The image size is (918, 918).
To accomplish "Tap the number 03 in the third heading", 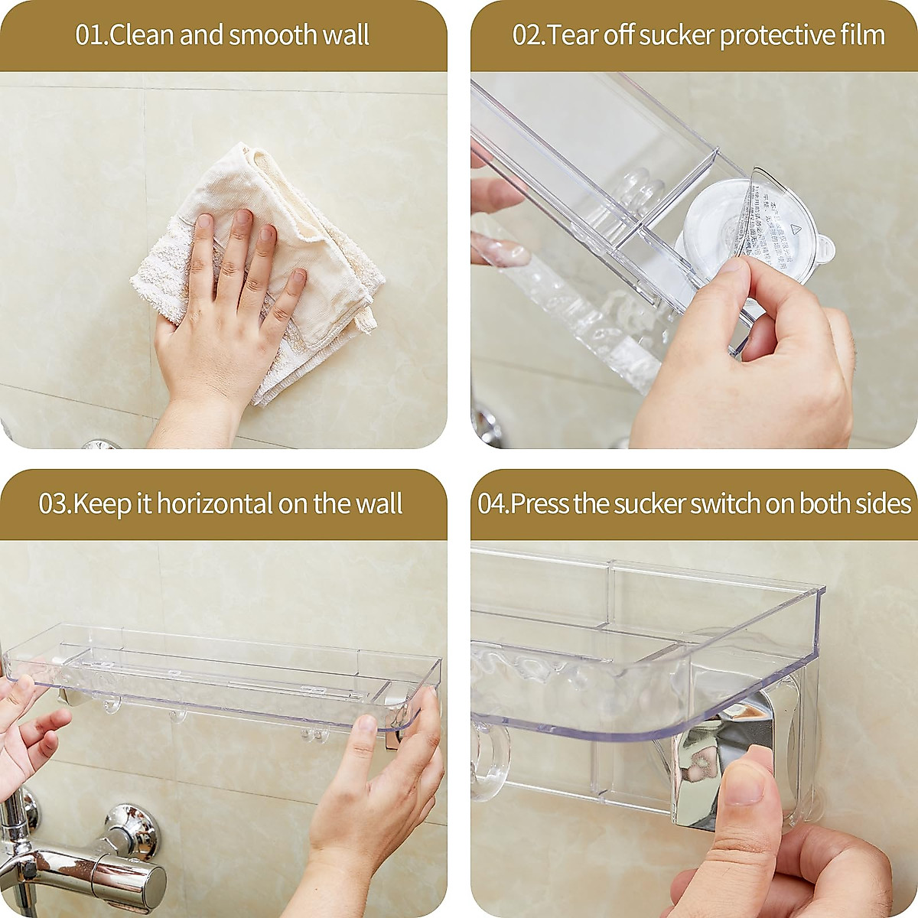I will [x=54, y=504].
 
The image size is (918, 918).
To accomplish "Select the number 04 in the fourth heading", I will [x=493, y=504].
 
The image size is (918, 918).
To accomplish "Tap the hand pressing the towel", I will [x=222, y=321].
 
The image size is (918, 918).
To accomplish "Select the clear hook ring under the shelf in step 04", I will [x=486, y=761].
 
